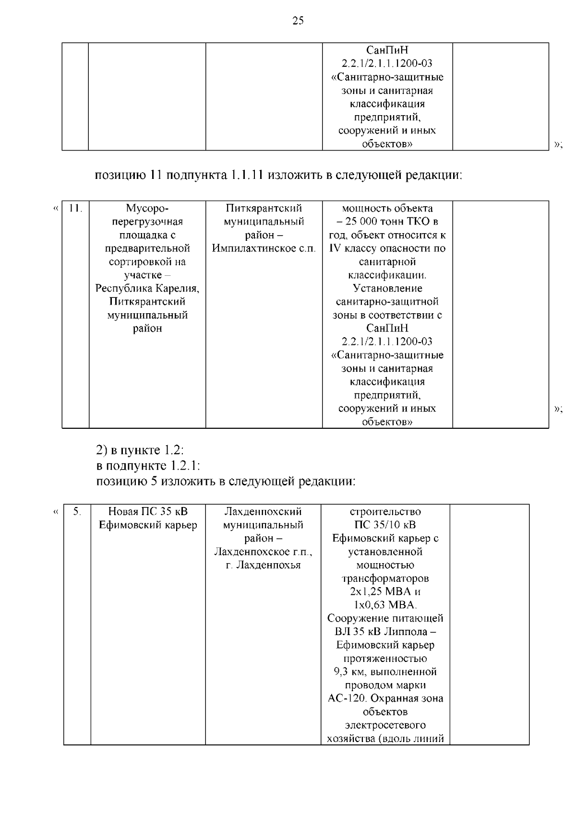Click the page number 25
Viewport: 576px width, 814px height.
(x=298, y=21)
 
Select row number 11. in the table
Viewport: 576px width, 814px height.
(x=76, y=208)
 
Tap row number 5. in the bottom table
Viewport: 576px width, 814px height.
(x=77, y=512)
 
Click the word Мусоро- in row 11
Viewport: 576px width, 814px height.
(x=147, y=208)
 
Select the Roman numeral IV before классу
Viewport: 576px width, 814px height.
(x=334, y=248)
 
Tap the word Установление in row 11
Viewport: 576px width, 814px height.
(x=387, y=288)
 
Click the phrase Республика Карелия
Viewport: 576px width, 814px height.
(x=147, y=288)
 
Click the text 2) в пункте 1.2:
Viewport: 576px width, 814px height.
(x=140, y=451)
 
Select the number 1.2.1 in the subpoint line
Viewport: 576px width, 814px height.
(x=182, y=466)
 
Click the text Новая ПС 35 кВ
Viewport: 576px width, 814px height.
(x=148, y=512)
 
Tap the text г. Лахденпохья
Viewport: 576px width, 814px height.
(x=263, y=565)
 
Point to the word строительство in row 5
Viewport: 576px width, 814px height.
(x=385, y=512)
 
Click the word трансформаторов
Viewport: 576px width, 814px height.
(x=385, y=578)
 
